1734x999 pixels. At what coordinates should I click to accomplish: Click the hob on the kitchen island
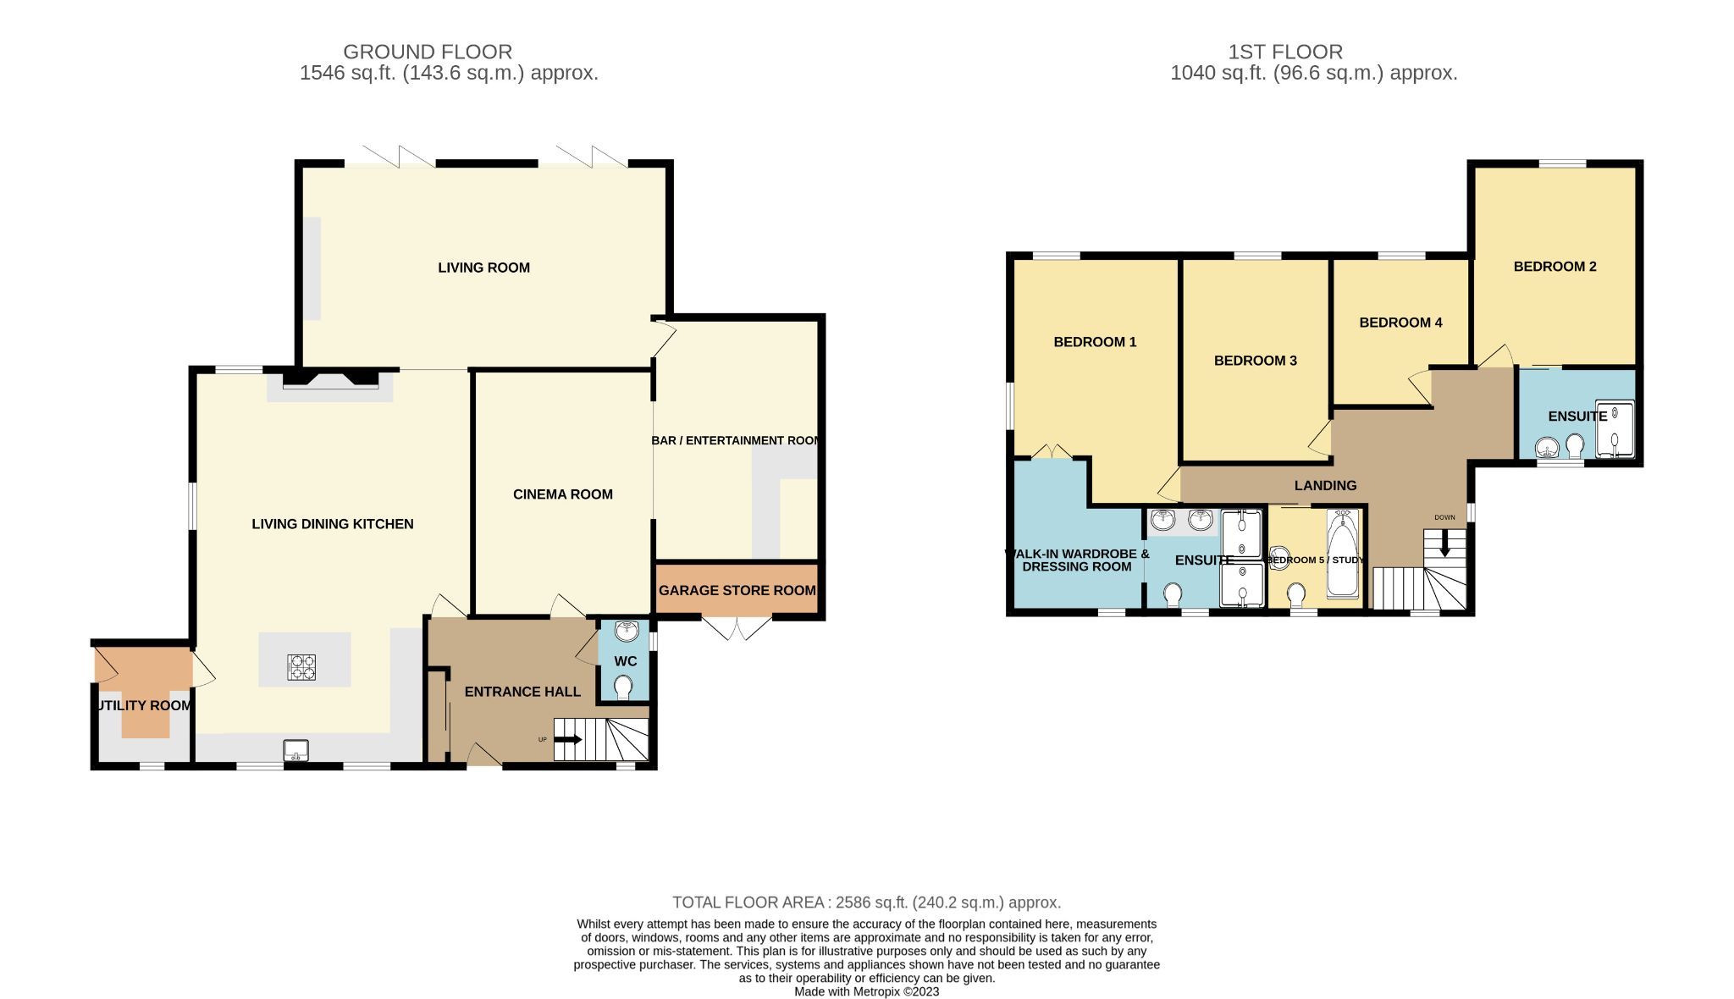301,667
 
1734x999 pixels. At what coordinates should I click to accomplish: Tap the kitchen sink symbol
296,749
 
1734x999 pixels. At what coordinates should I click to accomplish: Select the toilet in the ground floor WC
625,687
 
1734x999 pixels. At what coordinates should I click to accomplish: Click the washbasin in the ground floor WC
626,631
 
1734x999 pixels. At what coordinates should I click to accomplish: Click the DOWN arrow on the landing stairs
1444,543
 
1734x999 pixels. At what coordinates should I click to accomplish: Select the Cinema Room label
562,494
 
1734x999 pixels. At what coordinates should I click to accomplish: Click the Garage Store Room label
737,590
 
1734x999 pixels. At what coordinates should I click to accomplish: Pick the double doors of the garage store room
737,629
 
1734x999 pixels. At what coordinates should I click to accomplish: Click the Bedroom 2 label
1555,267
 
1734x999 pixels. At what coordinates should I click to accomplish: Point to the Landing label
1325,485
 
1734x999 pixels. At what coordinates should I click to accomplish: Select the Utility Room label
142,705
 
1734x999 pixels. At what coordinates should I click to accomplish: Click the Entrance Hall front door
483,756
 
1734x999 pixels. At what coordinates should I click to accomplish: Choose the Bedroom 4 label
1400,323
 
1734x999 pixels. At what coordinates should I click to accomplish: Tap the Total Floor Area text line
866,902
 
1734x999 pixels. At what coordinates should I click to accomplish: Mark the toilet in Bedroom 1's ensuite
1173,594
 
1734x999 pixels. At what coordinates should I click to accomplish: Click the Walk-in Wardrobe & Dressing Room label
1076,560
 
